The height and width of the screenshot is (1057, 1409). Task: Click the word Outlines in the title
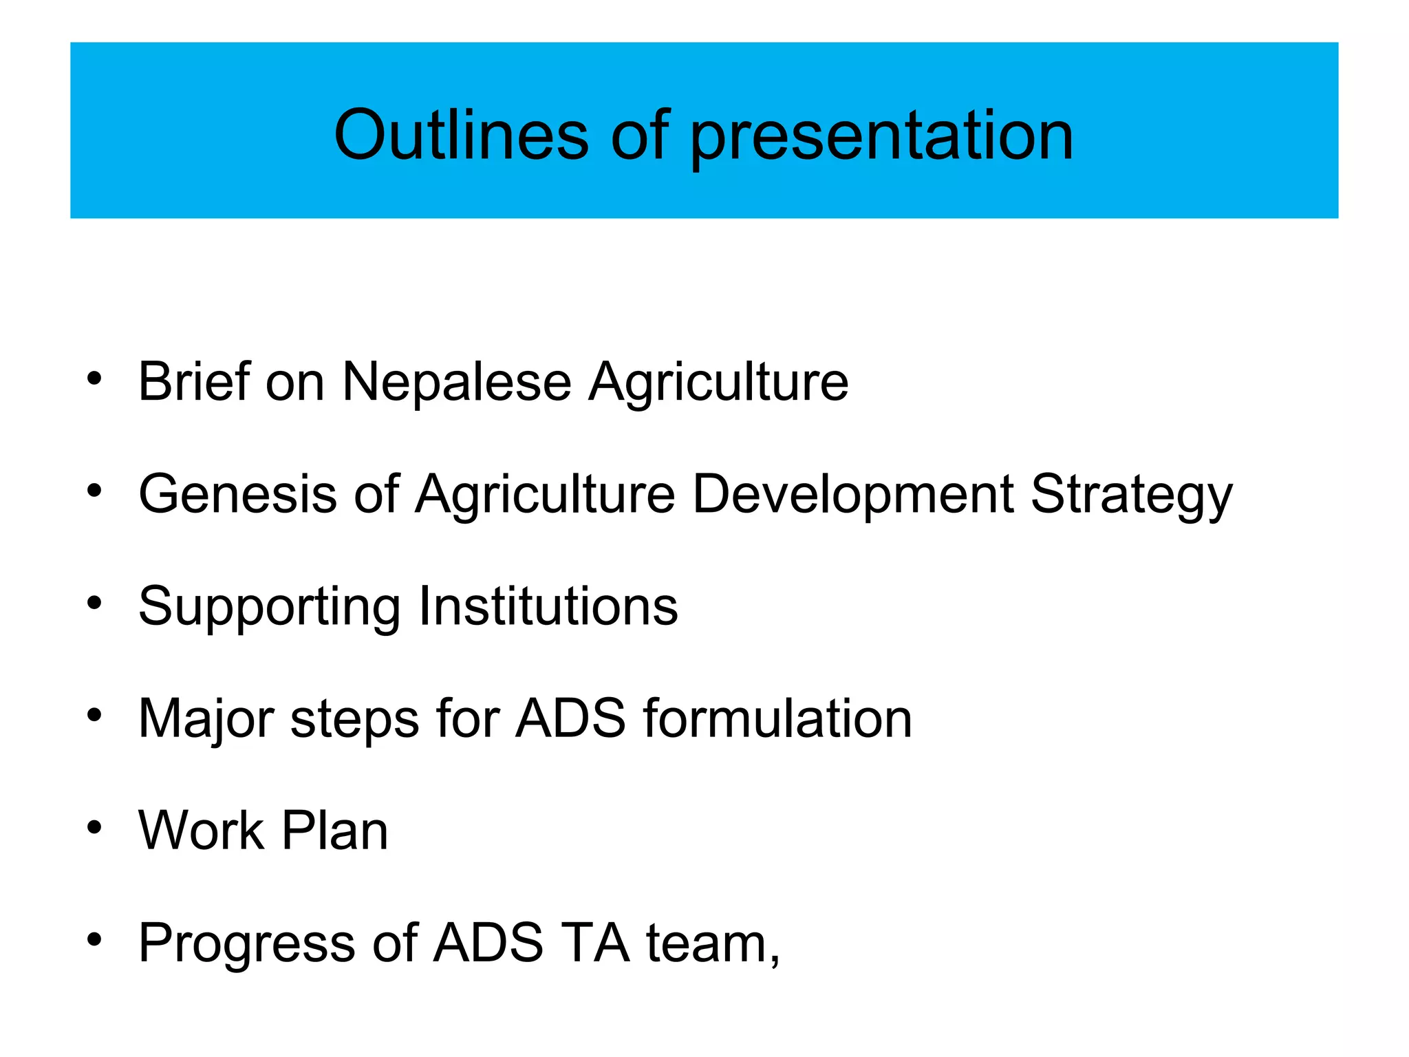461,135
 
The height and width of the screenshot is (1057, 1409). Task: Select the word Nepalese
457,382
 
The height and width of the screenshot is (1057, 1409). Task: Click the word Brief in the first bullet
193,382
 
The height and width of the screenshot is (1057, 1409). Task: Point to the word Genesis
237,494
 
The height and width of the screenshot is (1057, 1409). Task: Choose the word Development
852,495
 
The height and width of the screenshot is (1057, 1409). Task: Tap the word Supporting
269,608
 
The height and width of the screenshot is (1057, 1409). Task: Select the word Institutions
548,606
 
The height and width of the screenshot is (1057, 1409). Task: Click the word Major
206,720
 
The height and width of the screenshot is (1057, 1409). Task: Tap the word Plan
335,831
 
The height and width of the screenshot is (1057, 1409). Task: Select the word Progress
246,944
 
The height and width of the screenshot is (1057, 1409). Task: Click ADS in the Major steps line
571,718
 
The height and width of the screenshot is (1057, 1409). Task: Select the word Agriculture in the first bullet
718,382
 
